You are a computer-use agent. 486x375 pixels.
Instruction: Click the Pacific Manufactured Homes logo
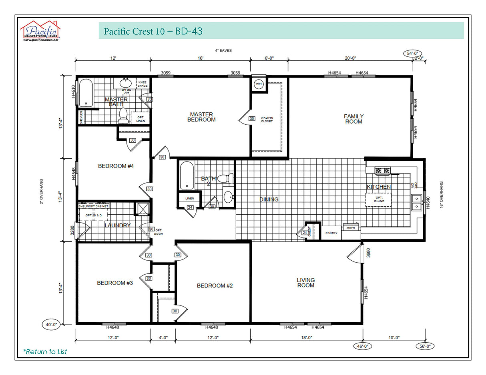coord(40,31)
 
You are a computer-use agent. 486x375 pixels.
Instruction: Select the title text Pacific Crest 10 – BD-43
coord(153,31)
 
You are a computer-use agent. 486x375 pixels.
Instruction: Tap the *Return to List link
coord(45,352)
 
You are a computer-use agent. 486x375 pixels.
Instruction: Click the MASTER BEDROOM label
coord(201,117)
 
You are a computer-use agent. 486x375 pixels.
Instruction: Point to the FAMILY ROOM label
coord(354,119)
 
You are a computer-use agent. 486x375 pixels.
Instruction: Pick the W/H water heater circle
coord(258,84)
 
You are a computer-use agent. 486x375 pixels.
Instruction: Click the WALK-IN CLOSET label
coord(267,120)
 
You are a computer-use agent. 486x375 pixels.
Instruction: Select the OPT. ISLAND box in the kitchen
coord(379,199)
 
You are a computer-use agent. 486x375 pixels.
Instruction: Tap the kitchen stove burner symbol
coord(382,171)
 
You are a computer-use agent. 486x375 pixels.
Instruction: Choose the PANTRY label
coord(331,233)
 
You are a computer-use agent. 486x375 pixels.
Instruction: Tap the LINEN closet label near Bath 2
coord(190,198)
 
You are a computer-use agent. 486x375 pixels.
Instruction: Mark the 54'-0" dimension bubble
coord(412,54)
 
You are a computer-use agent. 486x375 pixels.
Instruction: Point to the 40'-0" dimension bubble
coord(52,325)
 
